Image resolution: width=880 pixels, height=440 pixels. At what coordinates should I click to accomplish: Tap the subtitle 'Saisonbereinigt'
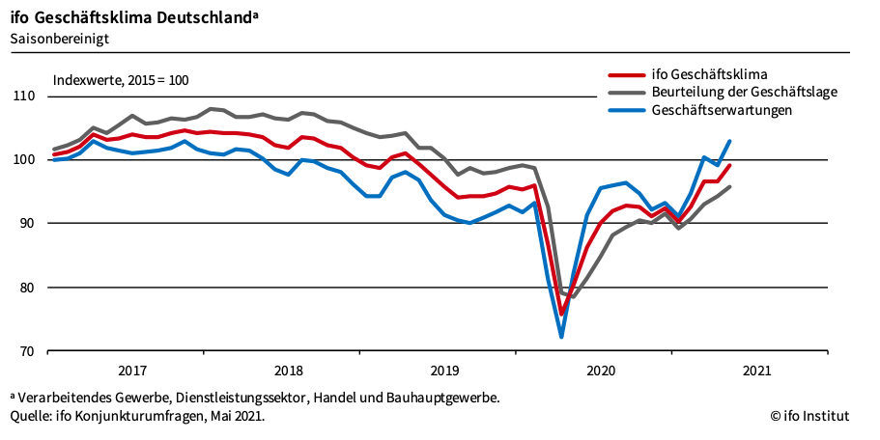tap(59, 39)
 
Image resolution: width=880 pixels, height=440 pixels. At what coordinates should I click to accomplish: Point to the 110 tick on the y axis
tap(23, 96)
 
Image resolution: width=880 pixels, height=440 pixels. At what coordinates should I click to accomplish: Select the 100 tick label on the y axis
tap(23, 160)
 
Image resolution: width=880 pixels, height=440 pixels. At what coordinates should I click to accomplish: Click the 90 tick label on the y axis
tap(27, 224)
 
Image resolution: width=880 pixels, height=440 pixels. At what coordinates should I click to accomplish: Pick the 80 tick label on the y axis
tap(27, 288)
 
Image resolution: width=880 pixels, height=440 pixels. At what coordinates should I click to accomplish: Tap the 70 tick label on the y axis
tap(27, 351)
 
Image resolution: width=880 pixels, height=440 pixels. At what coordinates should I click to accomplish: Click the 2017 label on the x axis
tap(132, 371)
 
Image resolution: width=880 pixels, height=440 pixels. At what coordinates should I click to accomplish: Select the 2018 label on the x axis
tap(288, 371)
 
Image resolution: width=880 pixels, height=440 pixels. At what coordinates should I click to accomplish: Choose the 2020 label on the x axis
tap(600, 371)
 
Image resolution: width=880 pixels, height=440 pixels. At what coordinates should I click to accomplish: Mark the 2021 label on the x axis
tap(755, 371)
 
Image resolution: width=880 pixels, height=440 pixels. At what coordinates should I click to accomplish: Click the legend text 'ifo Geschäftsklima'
tap(710, 74)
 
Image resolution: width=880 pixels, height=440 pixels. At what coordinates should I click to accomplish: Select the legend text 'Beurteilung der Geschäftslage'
tap(744, 93)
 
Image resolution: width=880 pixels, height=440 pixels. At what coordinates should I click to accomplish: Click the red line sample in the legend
tap(626, 74)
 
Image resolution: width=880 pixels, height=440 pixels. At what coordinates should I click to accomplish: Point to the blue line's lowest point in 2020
tap(561, 337)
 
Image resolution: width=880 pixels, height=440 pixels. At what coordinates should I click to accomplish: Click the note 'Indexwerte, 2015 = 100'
tap(120, 80)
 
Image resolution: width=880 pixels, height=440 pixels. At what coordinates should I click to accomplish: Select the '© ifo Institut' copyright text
tap(809, 416)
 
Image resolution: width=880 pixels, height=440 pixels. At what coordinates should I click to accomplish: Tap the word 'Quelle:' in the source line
tap(32, 416)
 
